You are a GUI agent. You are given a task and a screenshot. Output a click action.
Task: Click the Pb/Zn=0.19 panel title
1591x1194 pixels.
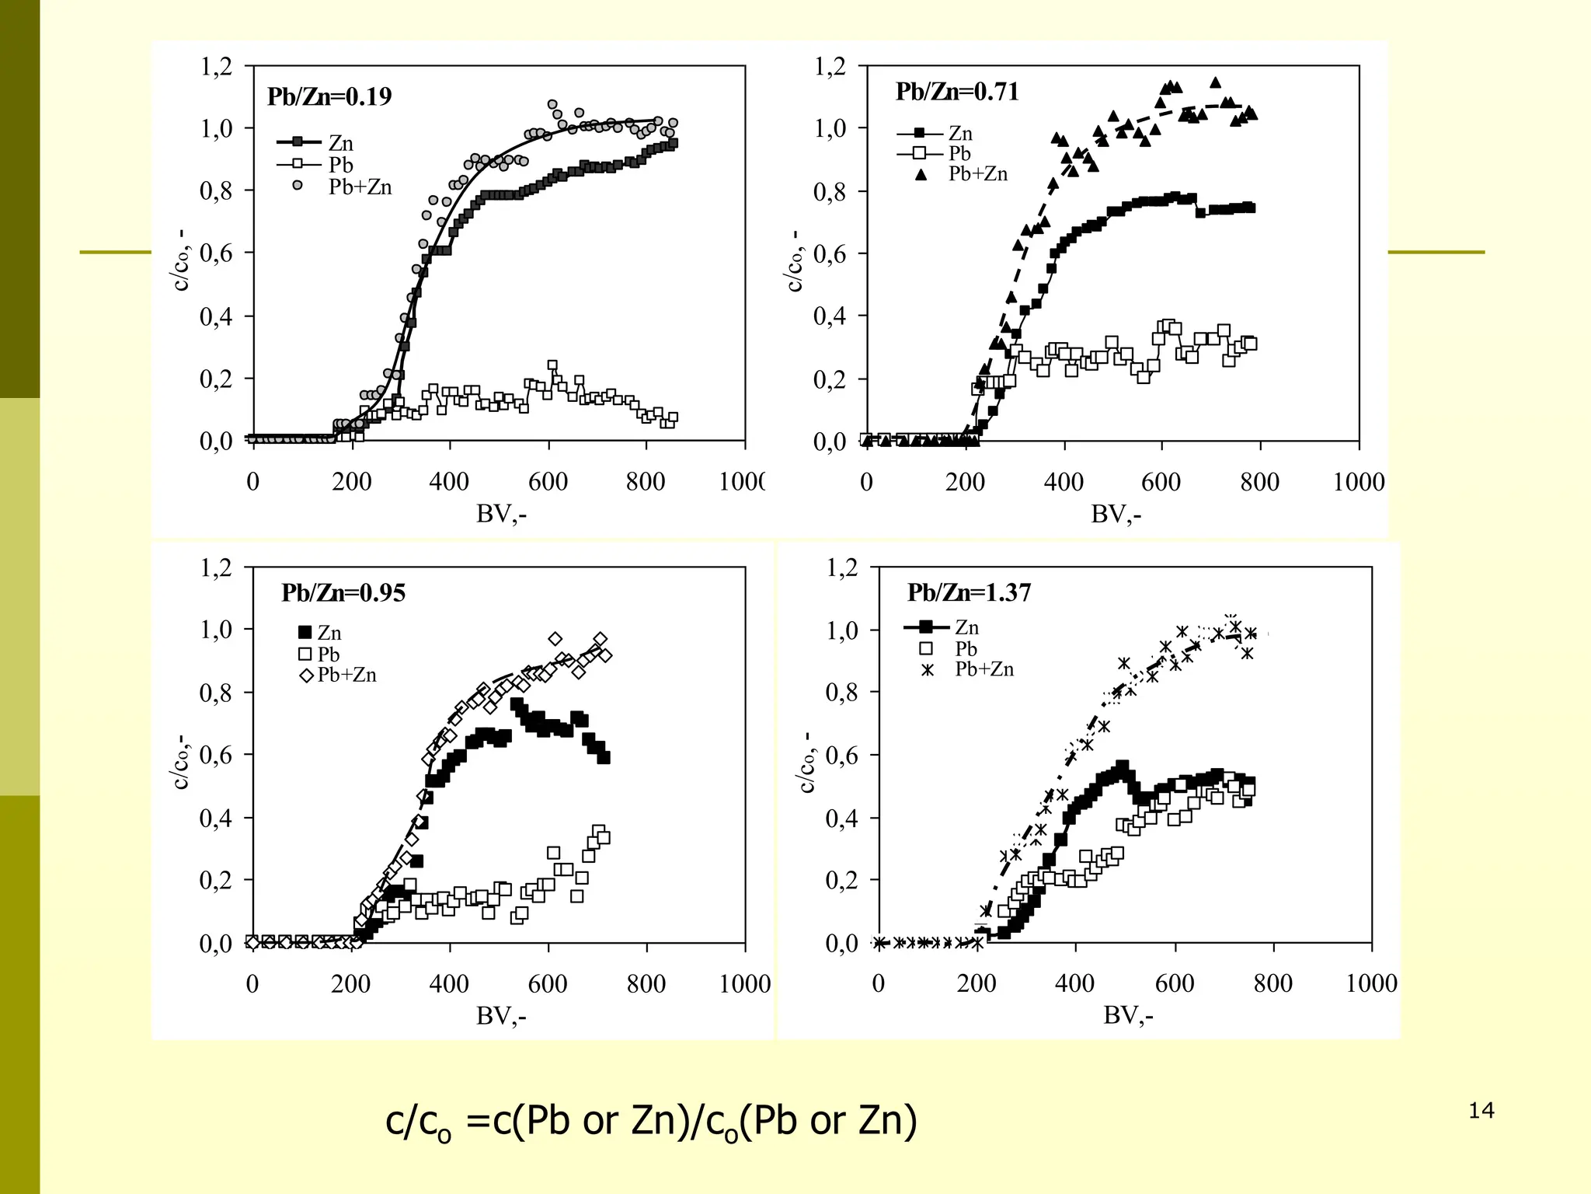tap(329, 96)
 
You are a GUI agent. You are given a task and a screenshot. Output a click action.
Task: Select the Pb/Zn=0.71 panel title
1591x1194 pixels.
tap(957, 92)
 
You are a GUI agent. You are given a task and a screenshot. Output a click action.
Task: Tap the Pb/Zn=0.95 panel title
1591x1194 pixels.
tap(343, 593)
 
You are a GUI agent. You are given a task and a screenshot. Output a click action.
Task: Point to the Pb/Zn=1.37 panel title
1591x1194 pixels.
tap(970, 593)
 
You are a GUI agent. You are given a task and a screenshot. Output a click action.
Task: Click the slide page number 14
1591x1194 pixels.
tap(1481, 1111)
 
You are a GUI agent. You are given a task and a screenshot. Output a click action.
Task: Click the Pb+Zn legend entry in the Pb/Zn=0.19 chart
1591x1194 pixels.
tap(360, 187)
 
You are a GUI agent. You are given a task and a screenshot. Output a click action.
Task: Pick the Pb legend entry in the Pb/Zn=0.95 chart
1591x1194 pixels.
tap(329, 655)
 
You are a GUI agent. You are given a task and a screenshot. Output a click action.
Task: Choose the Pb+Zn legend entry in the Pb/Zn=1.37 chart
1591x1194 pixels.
tap(984, 669)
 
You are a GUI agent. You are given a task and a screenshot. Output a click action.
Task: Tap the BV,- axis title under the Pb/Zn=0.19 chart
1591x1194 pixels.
tap(501, 514)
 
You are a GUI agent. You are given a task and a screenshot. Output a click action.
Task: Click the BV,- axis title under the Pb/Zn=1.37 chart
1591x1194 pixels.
tap(1128, 1015)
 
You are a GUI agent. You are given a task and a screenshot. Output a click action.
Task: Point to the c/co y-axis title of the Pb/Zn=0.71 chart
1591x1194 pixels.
tap(795, 261)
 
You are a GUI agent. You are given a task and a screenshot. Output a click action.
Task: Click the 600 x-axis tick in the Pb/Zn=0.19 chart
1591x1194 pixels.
tap(548, 482)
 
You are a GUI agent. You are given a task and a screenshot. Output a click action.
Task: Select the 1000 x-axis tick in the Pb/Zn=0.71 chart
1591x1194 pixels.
tap(1359, 482)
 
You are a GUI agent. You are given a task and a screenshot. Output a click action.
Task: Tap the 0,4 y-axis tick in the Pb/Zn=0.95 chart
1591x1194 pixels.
tap(216, 818)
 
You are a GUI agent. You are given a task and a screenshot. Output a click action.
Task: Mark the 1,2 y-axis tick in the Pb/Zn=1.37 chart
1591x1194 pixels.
tap(842, 567)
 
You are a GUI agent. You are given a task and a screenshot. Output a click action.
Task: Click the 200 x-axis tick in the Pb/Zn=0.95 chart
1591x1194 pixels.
tap(351, 984)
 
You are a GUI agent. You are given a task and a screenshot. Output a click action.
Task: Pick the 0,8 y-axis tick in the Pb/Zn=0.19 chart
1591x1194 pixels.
tap(216, 191)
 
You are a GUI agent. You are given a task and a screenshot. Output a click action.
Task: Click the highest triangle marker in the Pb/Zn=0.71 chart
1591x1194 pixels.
tap(1216, 82)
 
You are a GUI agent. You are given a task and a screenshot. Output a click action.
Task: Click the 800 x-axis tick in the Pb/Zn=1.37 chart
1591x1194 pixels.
tap(1273, 984)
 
